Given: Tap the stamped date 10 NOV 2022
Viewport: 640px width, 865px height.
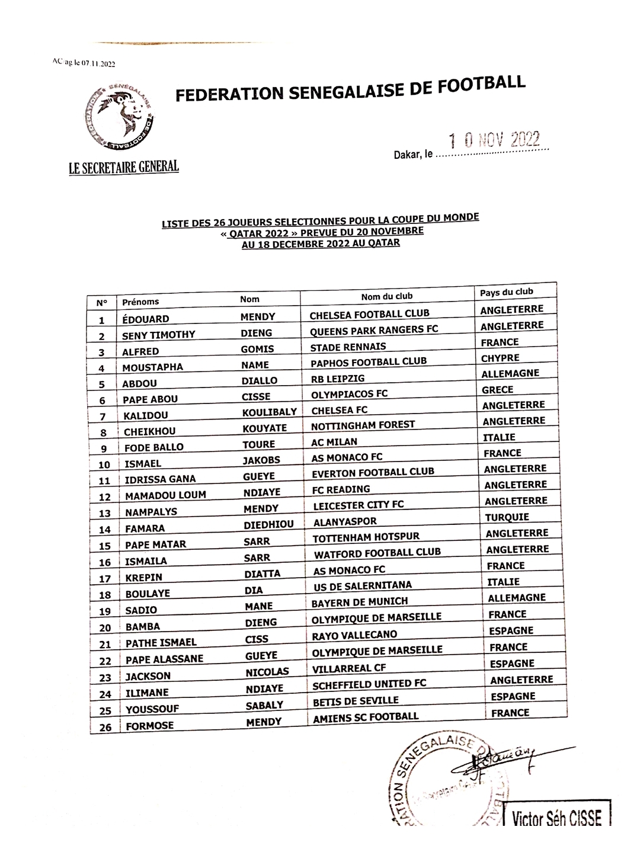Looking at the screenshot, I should [x=494, y=140].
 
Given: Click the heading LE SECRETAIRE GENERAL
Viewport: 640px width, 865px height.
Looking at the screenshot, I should [x=124, y=167].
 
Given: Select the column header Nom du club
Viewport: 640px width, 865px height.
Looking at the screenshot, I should [x=386, y=296].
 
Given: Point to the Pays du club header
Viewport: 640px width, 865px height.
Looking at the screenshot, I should [x=507, y=292].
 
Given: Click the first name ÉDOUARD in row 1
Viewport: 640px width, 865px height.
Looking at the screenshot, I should [x=146, y=318].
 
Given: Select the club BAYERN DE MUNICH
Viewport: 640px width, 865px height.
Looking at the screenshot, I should [x=360, y=601].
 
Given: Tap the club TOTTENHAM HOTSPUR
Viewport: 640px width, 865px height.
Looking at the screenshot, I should [x=366, y=537].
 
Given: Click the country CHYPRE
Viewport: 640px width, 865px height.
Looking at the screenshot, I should [x=500, y=358].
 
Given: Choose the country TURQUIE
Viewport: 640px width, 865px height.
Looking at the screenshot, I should [x=507, y=517].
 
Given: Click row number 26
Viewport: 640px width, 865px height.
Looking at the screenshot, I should [x=105, y=727].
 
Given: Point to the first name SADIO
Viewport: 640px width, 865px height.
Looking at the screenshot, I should [x=141, y=610].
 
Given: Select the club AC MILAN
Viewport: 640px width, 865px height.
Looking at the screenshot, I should [x=334, y=442].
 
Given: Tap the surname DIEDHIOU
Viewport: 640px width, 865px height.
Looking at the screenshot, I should [x=268, y=525].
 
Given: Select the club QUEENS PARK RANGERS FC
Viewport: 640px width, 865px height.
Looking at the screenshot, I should [x=374, y=329].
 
